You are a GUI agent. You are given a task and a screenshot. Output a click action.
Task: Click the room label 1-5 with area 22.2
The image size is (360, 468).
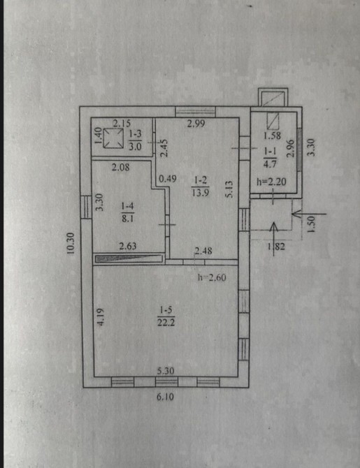point(166,316)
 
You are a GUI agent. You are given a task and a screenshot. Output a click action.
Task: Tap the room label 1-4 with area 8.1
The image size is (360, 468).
point(127,212)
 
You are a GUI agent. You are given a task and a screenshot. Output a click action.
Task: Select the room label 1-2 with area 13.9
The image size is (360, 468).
point(200,187)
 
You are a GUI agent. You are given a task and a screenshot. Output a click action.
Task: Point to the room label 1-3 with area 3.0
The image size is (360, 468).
point(135,140)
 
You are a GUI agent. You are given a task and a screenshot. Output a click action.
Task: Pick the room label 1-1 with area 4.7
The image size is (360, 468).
point(270,158)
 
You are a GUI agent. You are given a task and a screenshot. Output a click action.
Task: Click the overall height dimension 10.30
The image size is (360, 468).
point(71,243)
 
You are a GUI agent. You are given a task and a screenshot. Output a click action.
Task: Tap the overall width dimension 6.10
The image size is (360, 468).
point(165,397)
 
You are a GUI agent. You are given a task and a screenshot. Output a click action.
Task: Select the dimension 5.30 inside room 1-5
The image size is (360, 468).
point(166,371)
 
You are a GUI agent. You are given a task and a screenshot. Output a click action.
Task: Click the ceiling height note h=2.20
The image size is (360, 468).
point(271,181)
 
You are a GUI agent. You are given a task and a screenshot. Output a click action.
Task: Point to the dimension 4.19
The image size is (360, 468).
point(101,316)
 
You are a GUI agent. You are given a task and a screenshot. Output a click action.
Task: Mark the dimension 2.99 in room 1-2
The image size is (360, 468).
point(196,123)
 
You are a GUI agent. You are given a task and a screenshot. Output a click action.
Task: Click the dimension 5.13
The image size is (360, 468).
point(231,189)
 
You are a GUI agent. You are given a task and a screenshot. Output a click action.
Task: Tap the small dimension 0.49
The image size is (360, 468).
point(168,179)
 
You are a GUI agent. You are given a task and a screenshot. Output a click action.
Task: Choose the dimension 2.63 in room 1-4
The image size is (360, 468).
point(128,246)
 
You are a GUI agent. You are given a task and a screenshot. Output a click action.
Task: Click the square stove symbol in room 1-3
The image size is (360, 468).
point(113,138)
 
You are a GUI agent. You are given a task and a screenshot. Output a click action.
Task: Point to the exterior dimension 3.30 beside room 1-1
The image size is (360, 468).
point(312,147)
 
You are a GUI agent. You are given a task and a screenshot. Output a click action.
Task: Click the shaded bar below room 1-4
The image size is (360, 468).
point(129,258)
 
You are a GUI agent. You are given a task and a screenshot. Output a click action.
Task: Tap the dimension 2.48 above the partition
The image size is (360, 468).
point(203,251)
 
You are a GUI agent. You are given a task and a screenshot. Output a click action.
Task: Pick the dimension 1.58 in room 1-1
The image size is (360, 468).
point(272,136)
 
